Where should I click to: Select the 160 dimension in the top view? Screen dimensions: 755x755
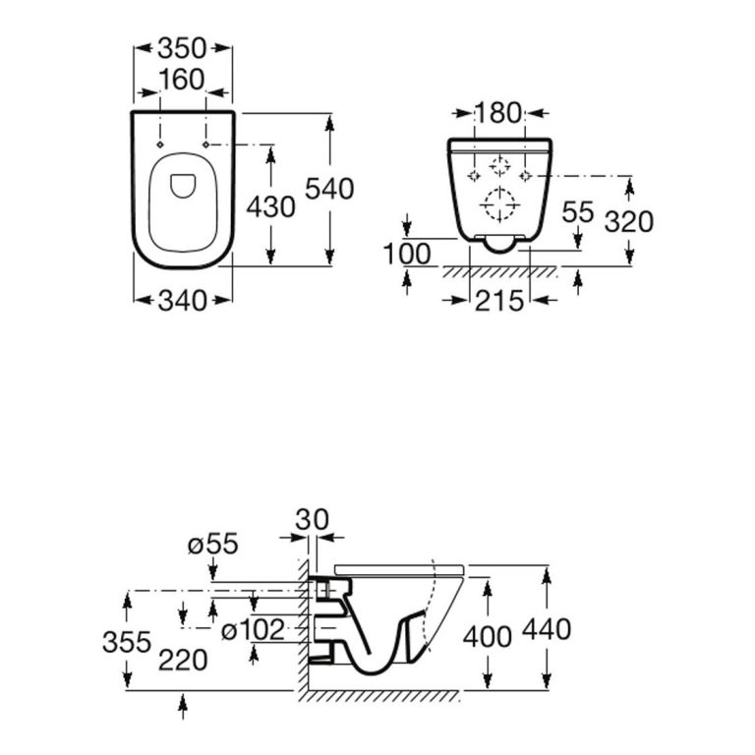[182, 79]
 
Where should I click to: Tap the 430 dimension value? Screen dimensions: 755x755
[270, 208]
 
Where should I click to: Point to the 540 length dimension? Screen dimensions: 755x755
[329, 189]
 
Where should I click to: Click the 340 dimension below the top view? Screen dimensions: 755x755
[182, 301]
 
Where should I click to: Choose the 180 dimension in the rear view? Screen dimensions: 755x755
[497, 113]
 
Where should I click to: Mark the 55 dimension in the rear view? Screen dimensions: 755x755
[578, 212]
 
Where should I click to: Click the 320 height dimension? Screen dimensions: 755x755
[629, 222]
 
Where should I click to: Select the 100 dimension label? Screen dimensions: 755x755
[408, 254]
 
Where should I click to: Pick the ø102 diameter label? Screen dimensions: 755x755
[253, 630]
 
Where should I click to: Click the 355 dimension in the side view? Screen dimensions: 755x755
[128, 643]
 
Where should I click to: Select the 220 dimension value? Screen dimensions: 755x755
[185, 660]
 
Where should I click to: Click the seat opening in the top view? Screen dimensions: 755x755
[183, 184]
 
